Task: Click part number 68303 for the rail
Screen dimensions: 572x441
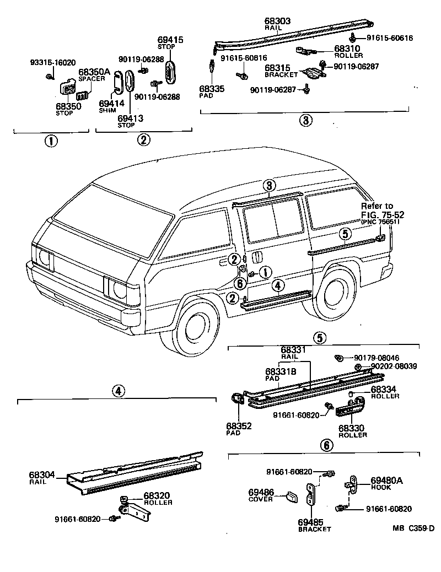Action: click(x=277, y=21)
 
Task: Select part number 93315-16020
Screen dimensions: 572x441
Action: click(x=53, y=63)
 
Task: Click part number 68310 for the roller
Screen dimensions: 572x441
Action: click(x=348, y=48)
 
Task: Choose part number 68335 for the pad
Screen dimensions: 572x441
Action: click(x=212, y=88)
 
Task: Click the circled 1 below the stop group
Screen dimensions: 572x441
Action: click(x=51, y=140)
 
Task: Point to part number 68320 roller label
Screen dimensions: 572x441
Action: click(x=158, y=495)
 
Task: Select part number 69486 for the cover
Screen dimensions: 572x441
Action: click(x=261, y=492)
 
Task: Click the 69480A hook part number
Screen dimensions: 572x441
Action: click(x=387, y=481)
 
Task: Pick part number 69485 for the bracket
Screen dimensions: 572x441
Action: click(x=315, y=521)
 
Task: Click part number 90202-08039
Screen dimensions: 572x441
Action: click(x=394, y=366)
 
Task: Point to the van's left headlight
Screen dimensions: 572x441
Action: click(x=43, y=257)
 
